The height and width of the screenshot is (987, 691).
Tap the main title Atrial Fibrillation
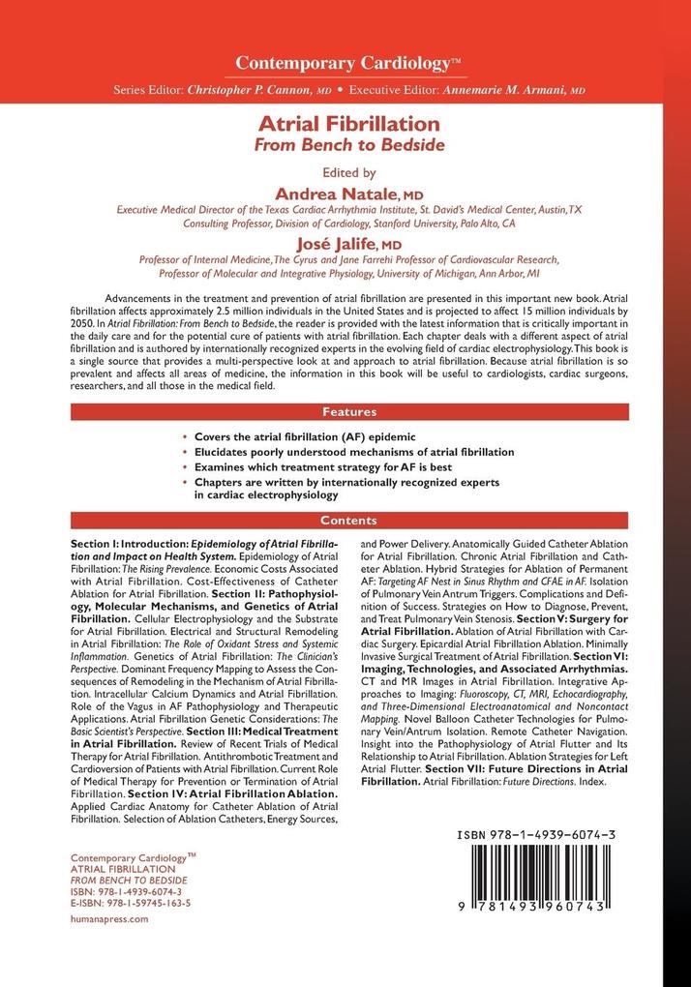click(345, 125)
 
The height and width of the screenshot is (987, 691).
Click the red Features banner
click(345, 410)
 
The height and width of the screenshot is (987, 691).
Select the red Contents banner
click(345, 520)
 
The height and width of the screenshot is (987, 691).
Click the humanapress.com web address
click(111, 920)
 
